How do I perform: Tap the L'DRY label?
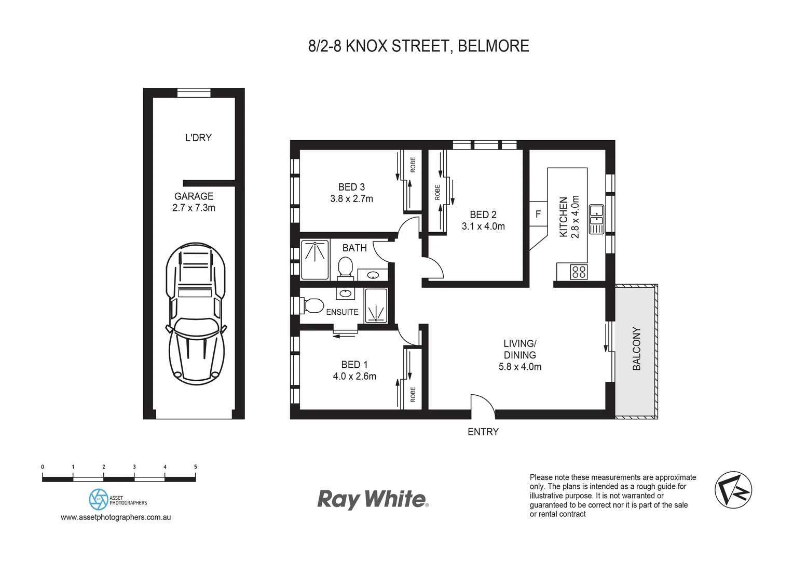198,138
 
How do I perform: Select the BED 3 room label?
351,187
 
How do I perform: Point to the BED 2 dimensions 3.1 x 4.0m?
483,226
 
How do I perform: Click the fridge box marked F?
538,214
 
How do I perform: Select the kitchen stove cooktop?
579,272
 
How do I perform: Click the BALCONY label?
637,349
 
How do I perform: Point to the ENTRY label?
483,432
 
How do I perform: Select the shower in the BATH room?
315,259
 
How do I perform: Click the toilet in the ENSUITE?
312,305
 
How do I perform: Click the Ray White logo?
373,499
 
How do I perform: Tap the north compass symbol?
733,490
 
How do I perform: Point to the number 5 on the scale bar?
196,467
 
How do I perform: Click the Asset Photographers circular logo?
98,499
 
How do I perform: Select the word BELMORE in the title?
494,46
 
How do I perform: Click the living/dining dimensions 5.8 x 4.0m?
519,367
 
